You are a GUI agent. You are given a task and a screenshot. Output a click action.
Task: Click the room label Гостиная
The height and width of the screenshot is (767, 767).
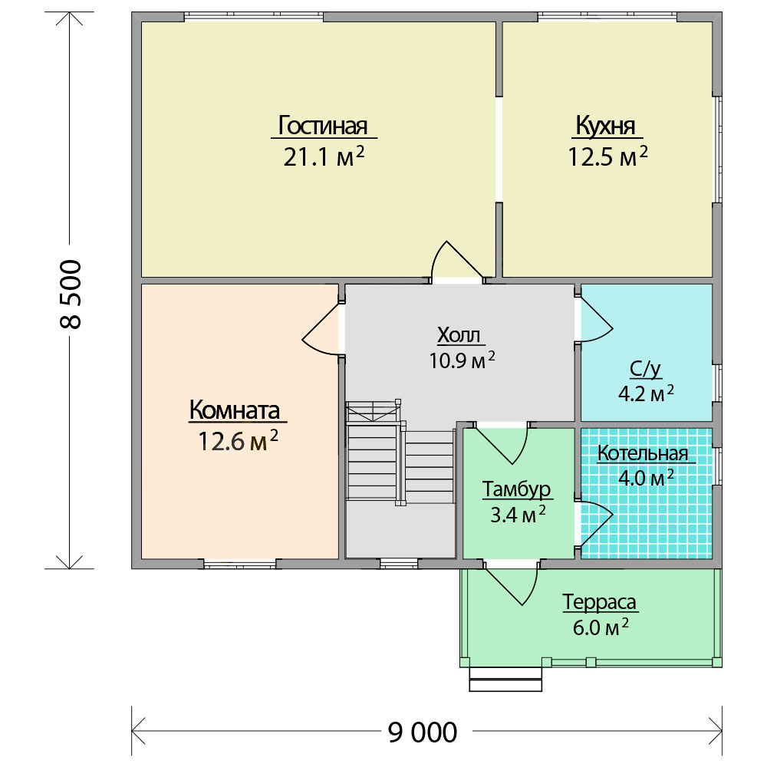click(x=323, y=126)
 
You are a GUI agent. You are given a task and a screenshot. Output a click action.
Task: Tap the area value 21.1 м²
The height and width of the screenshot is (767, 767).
click(x=324, y=156)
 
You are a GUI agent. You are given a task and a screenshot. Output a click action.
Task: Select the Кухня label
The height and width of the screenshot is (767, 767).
click(x=606, y=126)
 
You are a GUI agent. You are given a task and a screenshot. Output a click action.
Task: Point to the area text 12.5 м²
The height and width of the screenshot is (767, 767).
click(x=607, y=156)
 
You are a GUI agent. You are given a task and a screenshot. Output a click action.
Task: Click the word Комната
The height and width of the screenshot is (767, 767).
click(x=234, y=410)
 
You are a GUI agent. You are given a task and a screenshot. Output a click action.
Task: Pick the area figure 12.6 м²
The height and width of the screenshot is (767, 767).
click(x=238, y=441)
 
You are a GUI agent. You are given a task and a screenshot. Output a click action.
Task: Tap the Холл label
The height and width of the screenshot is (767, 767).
click(x=459, y=335)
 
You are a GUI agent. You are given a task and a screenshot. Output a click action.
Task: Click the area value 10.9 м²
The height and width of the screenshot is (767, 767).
click(x=462, y=360)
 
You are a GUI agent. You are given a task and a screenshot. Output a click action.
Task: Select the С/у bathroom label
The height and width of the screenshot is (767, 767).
click(x=645, y=370)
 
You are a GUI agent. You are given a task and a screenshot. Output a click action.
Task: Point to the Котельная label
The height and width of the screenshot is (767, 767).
click(x=643, y=453)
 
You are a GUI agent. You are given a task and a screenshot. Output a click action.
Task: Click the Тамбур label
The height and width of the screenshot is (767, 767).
click(x=516, y=489)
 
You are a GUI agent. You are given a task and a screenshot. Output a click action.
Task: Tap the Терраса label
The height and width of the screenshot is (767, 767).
click(x=599, y=601)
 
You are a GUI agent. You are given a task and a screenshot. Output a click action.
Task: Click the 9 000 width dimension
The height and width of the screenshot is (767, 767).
click(x=422, y=732)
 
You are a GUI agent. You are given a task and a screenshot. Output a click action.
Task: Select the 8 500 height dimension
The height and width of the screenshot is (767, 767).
click(x=71, y=294)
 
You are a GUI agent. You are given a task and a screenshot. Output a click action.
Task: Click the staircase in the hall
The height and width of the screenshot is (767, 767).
click(x=400, y=453)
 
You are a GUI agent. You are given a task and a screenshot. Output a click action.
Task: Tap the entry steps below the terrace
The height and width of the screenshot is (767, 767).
click(x=505, y=679)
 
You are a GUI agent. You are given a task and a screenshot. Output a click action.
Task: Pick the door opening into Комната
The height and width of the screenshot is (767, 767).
click(x=321, y=329)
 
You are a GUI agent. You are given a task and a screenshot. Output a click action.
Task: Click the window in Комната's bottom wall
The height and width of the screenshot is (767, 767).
click(x=239, y=564)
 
